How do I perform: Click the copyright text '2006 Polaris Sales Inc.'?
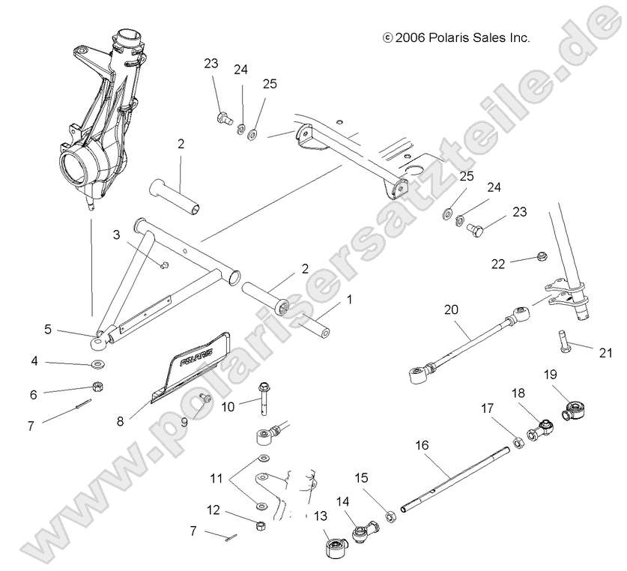tap(456, 37)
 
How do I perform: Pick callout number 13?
tap(321, 516)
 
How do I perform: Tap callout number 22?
tap(497, 263)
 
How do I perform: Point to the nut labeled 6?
tap(97, 387)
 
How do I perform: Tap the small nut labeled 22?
tap(539, 259)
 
